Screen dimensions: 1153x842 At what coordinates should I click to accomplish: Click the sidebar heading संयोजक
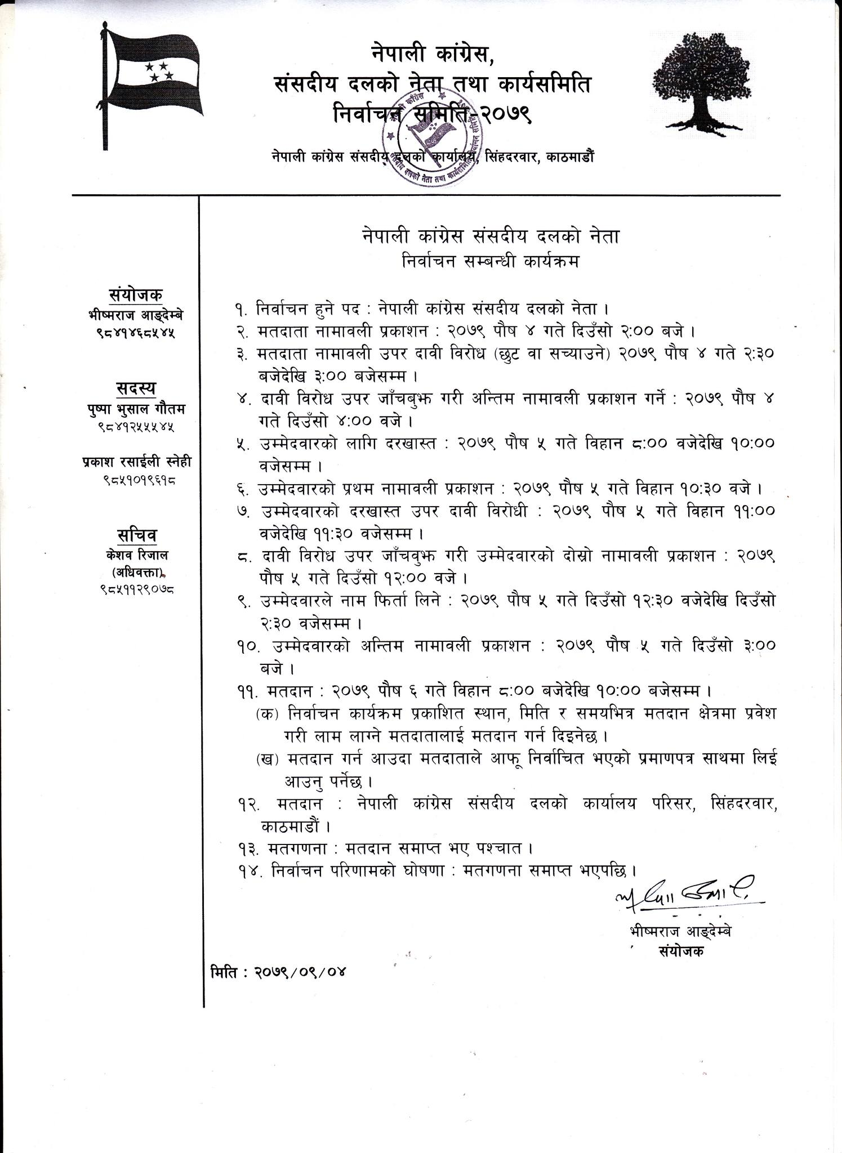(135, 295)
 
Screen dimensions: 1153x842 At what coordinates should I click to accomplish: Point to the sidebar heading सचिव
(136, 535)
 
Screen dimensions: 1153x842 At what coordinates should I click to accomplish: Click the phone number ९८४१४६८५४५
(136, 333)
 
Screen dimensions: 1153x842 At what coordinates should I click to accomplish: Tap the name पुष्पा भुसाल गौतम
(136, 409)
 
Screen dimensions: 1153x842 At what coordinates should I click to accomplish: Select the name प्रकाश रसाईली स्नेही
(136, 462)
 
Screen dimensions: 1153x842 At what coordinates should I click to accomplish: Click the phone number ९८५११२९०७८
(136, 591)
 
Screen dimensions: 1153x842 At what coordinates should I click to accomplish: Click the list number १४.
(247, 870)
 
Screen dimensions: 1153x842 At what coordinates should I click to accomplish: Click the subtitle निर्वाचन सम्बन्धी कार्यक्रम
(490, 262)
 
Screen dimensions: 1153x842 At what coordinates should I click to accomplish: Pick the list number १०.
(247, 647)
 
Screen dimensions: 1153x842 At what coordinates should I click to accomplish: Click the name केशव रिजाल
(136, 555)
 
